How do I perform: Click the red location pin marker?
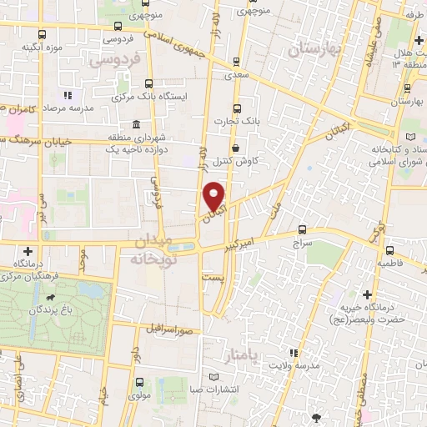(215, 197)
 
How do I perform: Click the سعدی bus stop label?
(242, 75)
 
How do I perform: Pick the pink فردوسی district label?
(114, 61)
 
